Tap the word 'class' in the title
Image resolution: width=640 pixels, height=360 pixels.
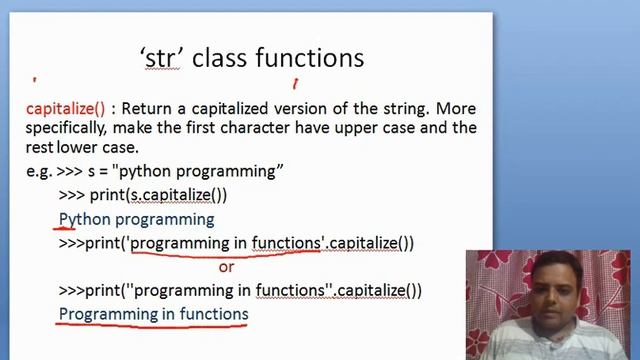click(218, 58)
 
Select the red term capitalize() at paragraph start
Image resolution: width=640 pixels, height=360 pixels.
click(65, 108)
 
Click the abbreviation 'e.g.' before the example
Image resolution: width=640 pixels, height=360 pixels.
click(39, 171)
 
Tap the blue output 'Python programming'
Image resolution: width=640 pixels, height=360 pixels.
click(136, 219)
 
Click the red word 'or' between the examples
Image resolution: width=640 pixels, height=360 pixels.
click(226, 267)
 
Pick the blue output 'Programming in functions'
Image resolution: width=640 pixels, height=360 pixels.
click(153, 314)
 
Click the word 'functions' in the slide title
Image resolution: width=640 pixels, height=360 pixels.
click(309, 58)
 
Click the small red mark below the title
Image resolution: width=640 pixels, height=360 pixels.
click(295, 85)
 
